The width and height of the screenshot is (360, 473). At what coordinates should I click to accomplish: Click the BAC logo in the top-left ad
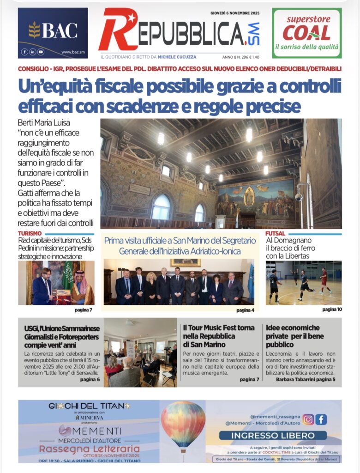tap(53, 30)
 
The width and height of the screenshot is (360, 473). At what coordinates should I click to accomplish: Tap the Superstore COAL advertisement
tap(306, 33)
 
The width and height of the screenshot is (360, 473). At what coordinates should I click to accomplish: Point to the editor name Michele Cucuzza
tap(177, 57)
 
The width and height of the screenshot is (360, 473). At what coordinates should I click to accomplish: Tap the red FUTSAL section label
tap(275, 234)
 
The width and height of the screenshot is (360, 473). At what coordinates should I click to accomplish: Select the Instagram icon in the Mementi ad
tap(308, 419)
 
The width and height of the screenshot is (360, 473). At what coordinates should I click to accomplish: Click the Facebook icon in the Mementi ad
tap(321, 419)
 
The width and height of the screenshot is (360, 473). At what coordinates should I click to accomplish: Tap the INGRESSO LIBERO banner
tap(273, 435)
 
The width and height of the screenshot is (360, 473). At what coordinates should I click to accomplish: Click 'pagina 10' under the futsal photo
tap(332, 309)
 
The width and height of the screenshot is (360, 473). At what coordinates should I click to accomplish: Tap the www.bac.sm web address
tap(72, 52)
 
